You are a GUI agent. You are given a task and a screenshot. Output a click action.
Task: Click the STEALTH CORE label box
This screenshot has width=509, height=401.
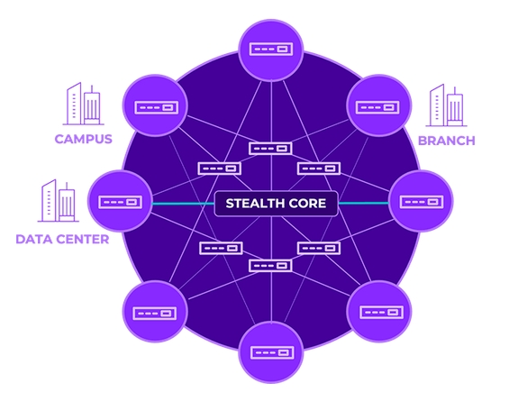[276, 204]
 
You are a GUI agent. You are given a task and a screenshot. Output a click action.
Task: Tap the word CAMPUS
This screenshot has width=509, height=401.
[84, 139]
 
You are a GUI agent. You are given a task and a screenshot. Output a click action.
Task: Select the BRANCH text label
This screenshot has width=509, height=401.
[447, 141]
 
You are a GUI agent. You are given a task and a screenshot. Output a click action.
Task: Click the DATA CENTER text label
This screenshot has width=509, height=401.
[62, 240]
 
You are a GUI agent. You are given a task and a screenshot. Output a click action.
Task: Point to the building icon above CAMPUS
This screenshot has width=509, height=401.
[84, 104]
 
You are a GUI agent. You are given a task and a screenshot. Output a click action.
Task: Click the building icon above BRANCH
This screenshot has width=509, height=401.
[446, 105]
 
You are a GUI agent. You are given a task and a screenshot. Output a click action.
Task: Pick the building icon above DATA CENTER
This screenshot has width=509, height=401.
[58, 201]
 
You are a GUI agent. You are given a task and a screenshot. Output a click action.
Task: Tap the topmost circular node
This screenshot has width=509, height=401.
[271, 50]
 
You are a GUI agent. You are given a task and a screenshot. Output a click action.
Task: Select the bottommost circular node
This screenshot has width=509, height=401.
[271, 352]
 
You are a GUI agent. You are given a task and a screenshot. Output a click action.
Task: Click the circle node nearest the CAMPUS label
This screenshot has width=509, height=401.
[155, 105]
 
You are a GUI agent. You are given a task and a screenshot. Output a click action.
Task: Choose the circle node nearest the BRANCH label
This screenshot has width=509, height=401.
[379, 105]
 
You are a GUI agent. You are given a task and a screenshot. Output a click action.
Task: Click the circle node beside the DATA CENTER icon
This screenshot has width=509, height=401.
[120, 201]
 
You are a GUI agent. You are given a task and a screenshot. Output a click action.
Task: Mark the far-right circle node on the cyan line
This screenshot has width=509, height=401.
[421, 201]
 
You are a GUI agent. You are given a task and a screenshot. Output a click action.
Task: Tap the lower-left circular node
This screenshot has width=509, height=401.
[155, 312]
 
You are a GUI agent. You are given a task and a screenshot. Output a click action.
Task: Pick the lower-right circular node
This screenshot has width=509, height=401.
[379, 312]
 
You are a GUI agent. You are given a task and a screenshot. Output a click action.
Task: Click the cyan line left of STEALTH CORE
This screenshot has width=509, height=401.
[183, 204]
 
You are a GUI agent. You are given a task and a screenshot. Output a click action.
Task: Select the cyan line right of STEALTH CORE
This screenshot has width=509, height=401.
[363, 204]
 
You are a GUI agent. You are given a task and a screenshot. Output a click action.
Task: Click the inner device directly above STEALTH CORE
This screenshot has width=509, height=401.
[270, 149]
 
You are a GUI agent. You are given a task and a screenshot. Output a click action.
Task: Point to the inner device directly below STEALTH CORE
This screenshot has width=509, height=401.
[270, 266]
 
